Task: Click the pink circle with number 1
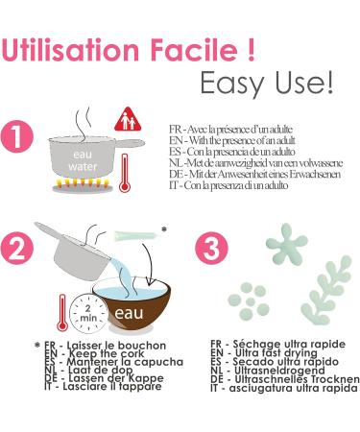(x=17, y=136)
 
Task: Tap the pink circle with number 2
(x=17, y=249)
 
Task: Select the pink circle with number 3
(x=211, y=249)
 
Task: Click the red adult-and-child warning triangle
(x=128, y=119)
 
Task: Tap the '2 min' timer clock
(x=87, y=313)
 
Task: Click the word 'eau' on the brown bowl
(x=129, y=313)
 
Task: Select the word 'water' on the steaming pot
(x=83, y=166)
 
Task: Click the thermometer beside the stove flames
(x=124, y=173)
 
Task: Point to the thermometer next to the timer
(x=62, y=313)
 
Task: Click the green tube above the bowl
(x=136, y=236)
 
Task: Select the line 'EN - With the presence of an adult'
(x=232, y=140)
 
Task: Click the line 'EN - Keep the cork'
(x=94, y=353)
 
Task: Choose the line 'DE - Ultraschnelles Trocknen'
(x=285, y=379)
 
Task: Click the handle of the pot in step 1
(x=129, y=142)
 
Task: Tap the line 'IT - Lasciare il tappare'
(x=103, y=386)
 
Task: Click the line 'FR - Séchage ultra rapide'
(x=277, y=344)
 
